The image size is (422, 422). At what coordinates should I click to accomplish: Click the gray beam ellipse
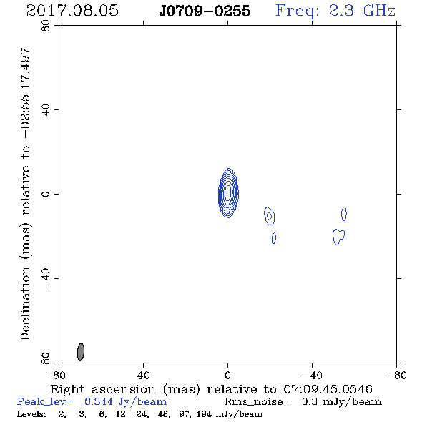[81, 352]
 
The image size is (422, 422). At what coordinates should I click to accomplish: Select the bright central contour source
[228, 193]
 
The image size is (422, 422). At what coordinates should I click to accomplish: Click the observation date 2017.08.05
[72, 11]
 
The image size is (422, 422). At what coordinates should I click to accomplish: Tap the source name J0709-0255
[205, 11]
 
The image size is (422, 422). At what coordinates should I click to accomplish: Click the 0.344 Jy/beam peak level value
[125, 401]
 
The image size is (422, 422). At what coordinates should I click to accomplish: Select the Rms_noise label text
[257, 402]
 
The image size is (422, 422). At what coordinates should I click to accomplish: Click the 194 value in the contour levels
[204, 413]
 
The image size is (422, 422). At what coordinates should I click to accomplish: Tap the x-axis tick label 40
[143, 375]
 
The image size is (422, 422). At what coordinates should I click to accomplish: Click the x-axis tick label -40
[312, 375]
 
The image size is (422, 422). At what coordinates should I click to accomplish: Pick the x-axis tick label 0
[227, 375]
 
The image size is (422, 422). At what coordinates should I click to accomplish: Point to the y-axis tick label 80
[46, 26]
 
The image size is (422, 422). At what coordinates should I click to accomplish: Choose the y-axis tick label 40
[46, 110]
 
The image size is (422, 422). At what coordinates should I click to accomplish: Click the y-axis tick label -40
[46, 278]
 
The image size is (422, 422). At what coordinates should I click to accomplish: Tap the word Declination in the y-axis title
[25, 303]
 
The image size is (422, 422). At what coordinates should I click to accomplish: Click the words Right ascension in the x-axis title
[103, 389]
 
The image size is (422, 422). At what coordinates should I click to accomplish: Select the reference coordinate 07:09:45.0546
[328, 389]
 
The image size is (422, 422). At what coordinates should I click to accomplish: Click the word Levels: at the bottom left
[31, 413]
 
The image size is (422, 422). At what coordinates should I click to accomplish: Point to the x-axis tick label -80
[396, 375]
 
